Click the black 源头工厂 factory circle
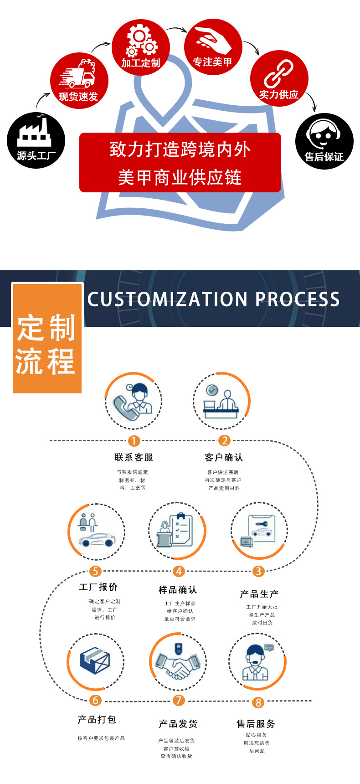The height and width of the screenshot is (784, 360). [36, 140]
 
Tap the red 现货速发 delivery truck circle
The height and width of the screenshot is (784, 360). [79, 81]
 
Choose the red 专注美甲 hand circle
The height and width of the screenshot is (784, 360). [212, 47]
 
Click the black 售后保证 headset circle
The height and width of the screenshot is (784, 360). [324, 141]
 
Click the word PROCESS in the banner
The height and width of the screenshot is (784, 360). [297, 299]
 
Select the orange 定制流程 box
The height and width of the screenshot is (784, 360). [47, 338]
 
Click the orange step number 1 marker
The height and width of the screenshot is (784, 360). [134, 441]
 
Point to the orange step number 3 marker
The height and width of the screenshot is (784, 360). [258, 571]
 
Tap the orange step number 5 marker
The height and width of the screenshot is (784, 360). [95, 571]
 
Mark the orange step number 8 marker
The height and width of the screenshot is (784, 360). [258, 702]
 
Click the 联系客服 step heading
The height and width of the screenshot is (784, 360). [134, 457]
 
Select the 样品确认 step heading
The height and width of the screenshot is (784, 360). [178, 590]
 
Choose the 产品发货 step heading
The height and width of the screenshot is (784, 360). [178, 724]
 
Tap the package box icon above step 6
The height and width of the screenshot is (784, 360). [95, 660]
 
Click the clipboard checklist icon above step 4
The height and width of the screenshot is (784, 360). [181, 530]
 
